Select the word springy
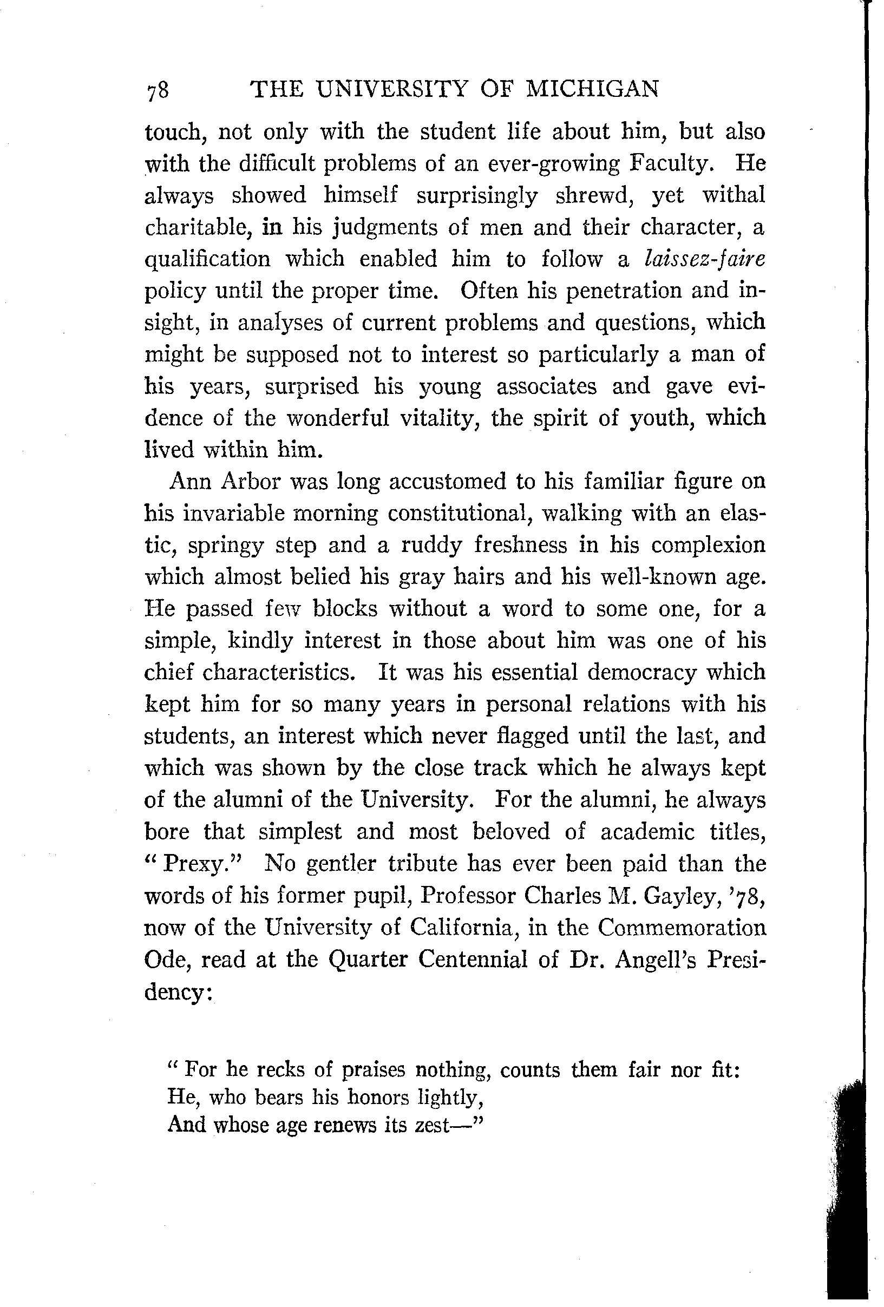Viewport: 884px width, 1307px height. coord(225,546)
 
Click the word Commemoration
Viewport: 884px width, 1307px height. coord(682,928)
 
